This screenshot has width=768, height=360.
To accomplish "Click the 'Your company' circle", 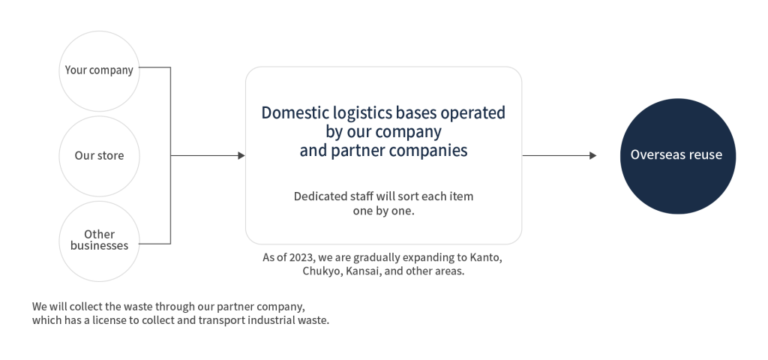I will (98, 71).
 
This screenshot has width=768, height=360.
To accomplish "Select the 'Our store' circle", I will (98, 156).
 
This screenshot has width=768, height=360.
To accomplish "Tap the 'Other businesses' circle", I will (98, 240).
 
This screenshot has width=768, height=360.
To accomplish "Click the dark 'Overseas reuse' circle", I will (676, 155).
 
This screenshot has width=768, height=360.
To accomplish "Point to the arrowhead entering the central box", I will (241, 156).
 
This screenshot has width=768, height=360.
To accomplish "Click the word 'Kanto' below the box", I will (486, 258).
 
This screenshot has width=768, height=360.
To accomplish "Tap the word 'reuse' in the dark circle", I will (706, 155).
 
